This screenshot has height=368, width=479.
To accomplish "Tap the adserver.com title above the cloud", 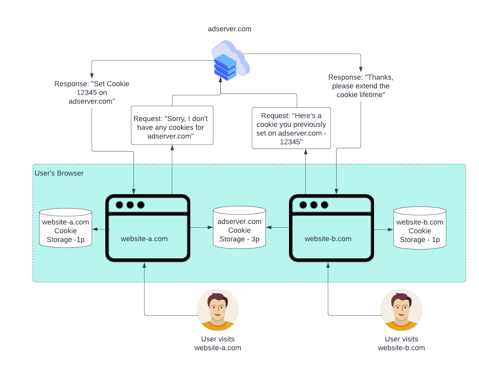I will pyautogui.click(x=230, y=29).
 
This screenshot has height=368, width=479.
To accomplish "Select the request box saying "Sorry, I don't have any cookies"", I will pyautogui.click(x=172, y=126).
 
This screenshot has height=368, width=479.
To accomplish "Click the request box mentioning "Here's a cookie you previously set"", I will pyautogui.click(x=291, y=128).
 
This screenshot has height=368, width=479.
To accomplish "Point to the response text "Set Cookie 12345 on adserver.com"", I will pyautogui.click(x=92, y=92).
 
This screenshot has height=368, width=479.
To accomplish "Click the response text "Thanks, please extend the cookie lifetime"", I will pyautogui.click(x=361, y=86).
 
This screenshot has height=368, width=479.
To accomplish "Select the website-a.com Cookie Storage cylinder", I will pyautogui.click(x=66, y=228).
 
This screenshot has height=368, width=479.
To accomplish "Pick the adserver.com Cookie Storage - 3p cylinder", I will pyautogui.click(x=239, y=228).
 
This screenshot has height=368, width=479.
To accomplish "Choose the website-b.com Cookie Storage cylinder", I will pyautogui.click(x=420, y=228).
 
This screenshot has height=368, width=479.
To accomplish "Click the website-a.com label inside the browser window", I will pyautogui.click(x=144, y=239).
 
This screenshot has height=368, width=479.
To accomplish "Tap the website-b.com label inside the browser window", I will pyautogui.click(x=328, y=239).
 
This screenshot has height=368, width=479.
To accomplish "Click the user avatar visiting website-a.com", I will pyautogui.click(x=218, y=310).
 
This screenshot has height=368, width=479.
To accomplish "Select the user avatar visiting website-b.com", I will pyautogui.click(x=401, y=310).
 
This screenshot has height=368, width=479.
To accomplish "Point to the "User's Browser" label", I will pyautogui.click(x=59, y=173).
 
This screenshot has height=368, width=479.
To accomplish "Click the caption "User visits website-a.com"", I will pyautogui.click(x=218, y=343).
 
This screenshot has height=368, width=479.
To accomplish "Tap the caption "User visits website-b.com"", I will pyautogui.click(x=401, y=343).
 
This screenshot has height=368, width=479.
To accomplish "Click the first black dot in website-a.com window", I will pyautogui.click(x=119, y=205).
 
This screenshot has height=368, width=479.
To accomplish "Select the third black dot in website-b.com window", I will pyautogui.click(x=324, y=205).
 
